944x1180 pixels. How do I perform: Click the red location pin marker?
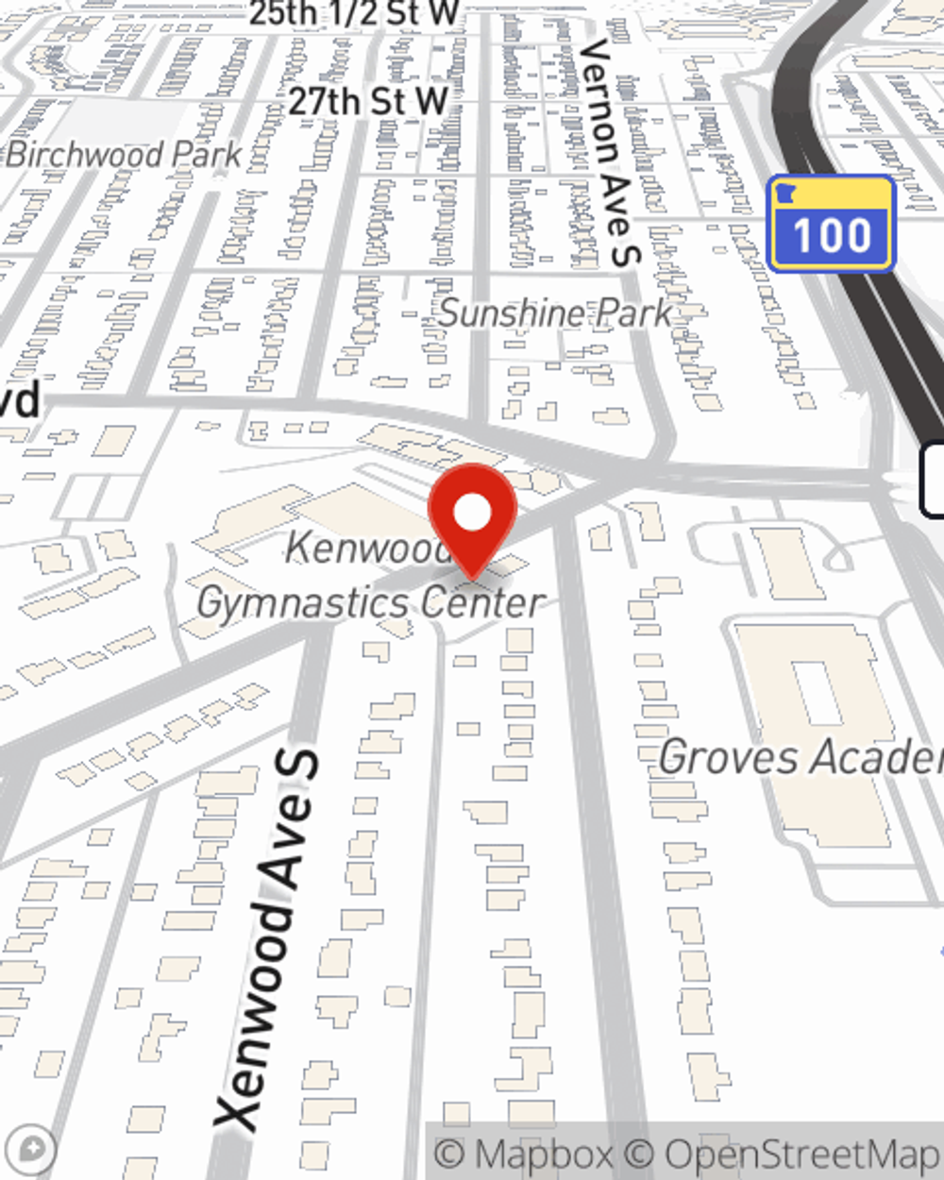click(472, 519)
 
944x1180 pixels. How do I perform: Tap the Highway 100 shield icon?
click(831, 224)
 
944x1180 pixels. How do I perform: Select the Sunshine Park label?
click(555, 313)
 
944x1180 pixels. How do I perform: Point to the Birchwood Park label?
click(124, 155)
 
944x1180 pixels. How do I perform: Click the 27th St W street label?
click(368, 100)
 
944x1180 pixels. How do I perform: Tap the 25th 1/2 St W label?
click(354, 13)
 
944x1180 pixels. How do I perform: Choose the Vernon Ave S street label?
click(612, 151)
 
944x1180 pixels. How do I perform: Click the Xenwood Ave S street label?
click(268, 939)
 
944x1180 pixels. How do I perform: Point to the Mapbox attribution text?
click(524, 1154)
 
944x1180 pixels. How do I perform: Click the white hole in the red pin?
click(473, 513)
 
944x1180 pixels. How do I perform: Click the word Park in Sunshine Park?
click(639, 313)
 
